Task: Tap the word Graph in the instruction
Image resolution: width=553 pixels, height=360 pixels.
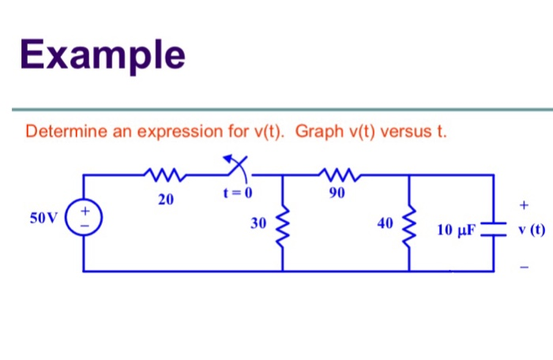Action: [318, 131]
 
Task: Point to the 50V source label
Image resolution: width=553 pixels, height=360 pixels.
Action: [44, 218]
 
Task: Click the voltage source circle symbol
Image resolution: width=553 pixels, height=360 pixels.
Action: [85, 219]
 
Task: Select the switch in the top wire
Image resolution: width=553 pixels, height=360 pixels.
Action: [235, 170]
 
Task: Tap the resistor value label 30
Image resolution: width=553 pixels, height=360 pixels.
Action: [259, 223]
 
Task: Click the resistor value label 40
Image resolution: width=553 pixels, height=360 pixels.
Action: [385, 223]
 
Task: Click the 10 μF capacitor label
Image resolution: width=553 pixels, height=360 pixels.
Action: [456, 231]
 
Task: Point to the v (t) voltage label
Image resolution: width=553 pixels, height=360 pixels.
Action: [529, 231]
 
